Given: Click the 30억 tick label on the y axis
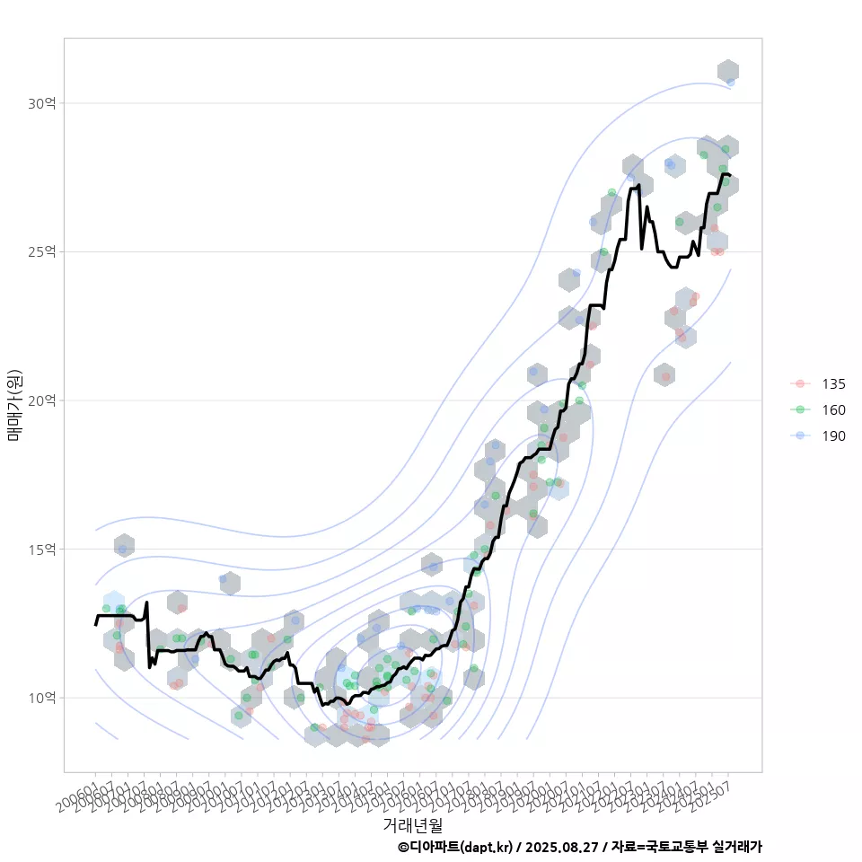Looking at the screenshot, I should [x=41, y=103].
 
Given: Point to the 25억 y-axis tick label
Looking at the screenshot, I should [x=41, y=251].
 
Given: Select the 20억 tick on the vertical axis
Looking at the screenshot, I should [x=41, y=400].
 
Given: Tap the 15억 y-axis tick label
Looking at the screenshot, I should [x=41, y=549].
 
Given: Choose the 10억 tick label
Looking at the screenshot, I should [x=41, y=698].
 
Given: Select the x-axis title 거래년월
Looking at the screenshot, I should [x=412, y=824].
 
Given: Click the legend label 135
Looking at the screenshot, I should [x=833, y=383].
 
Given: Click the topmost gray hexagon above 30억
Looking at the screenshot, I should [x=728, y=71].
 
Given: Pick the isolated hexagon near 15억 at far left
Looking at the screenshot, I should [x=124, y=545].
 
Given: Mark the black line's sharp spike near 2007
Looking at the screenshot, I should [x=146, y=603].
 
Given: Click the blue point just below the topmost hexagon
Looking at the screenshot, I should [x=731, y=82].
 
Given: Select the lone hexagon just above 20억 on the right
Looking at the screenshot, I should [x=664, y=374].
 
